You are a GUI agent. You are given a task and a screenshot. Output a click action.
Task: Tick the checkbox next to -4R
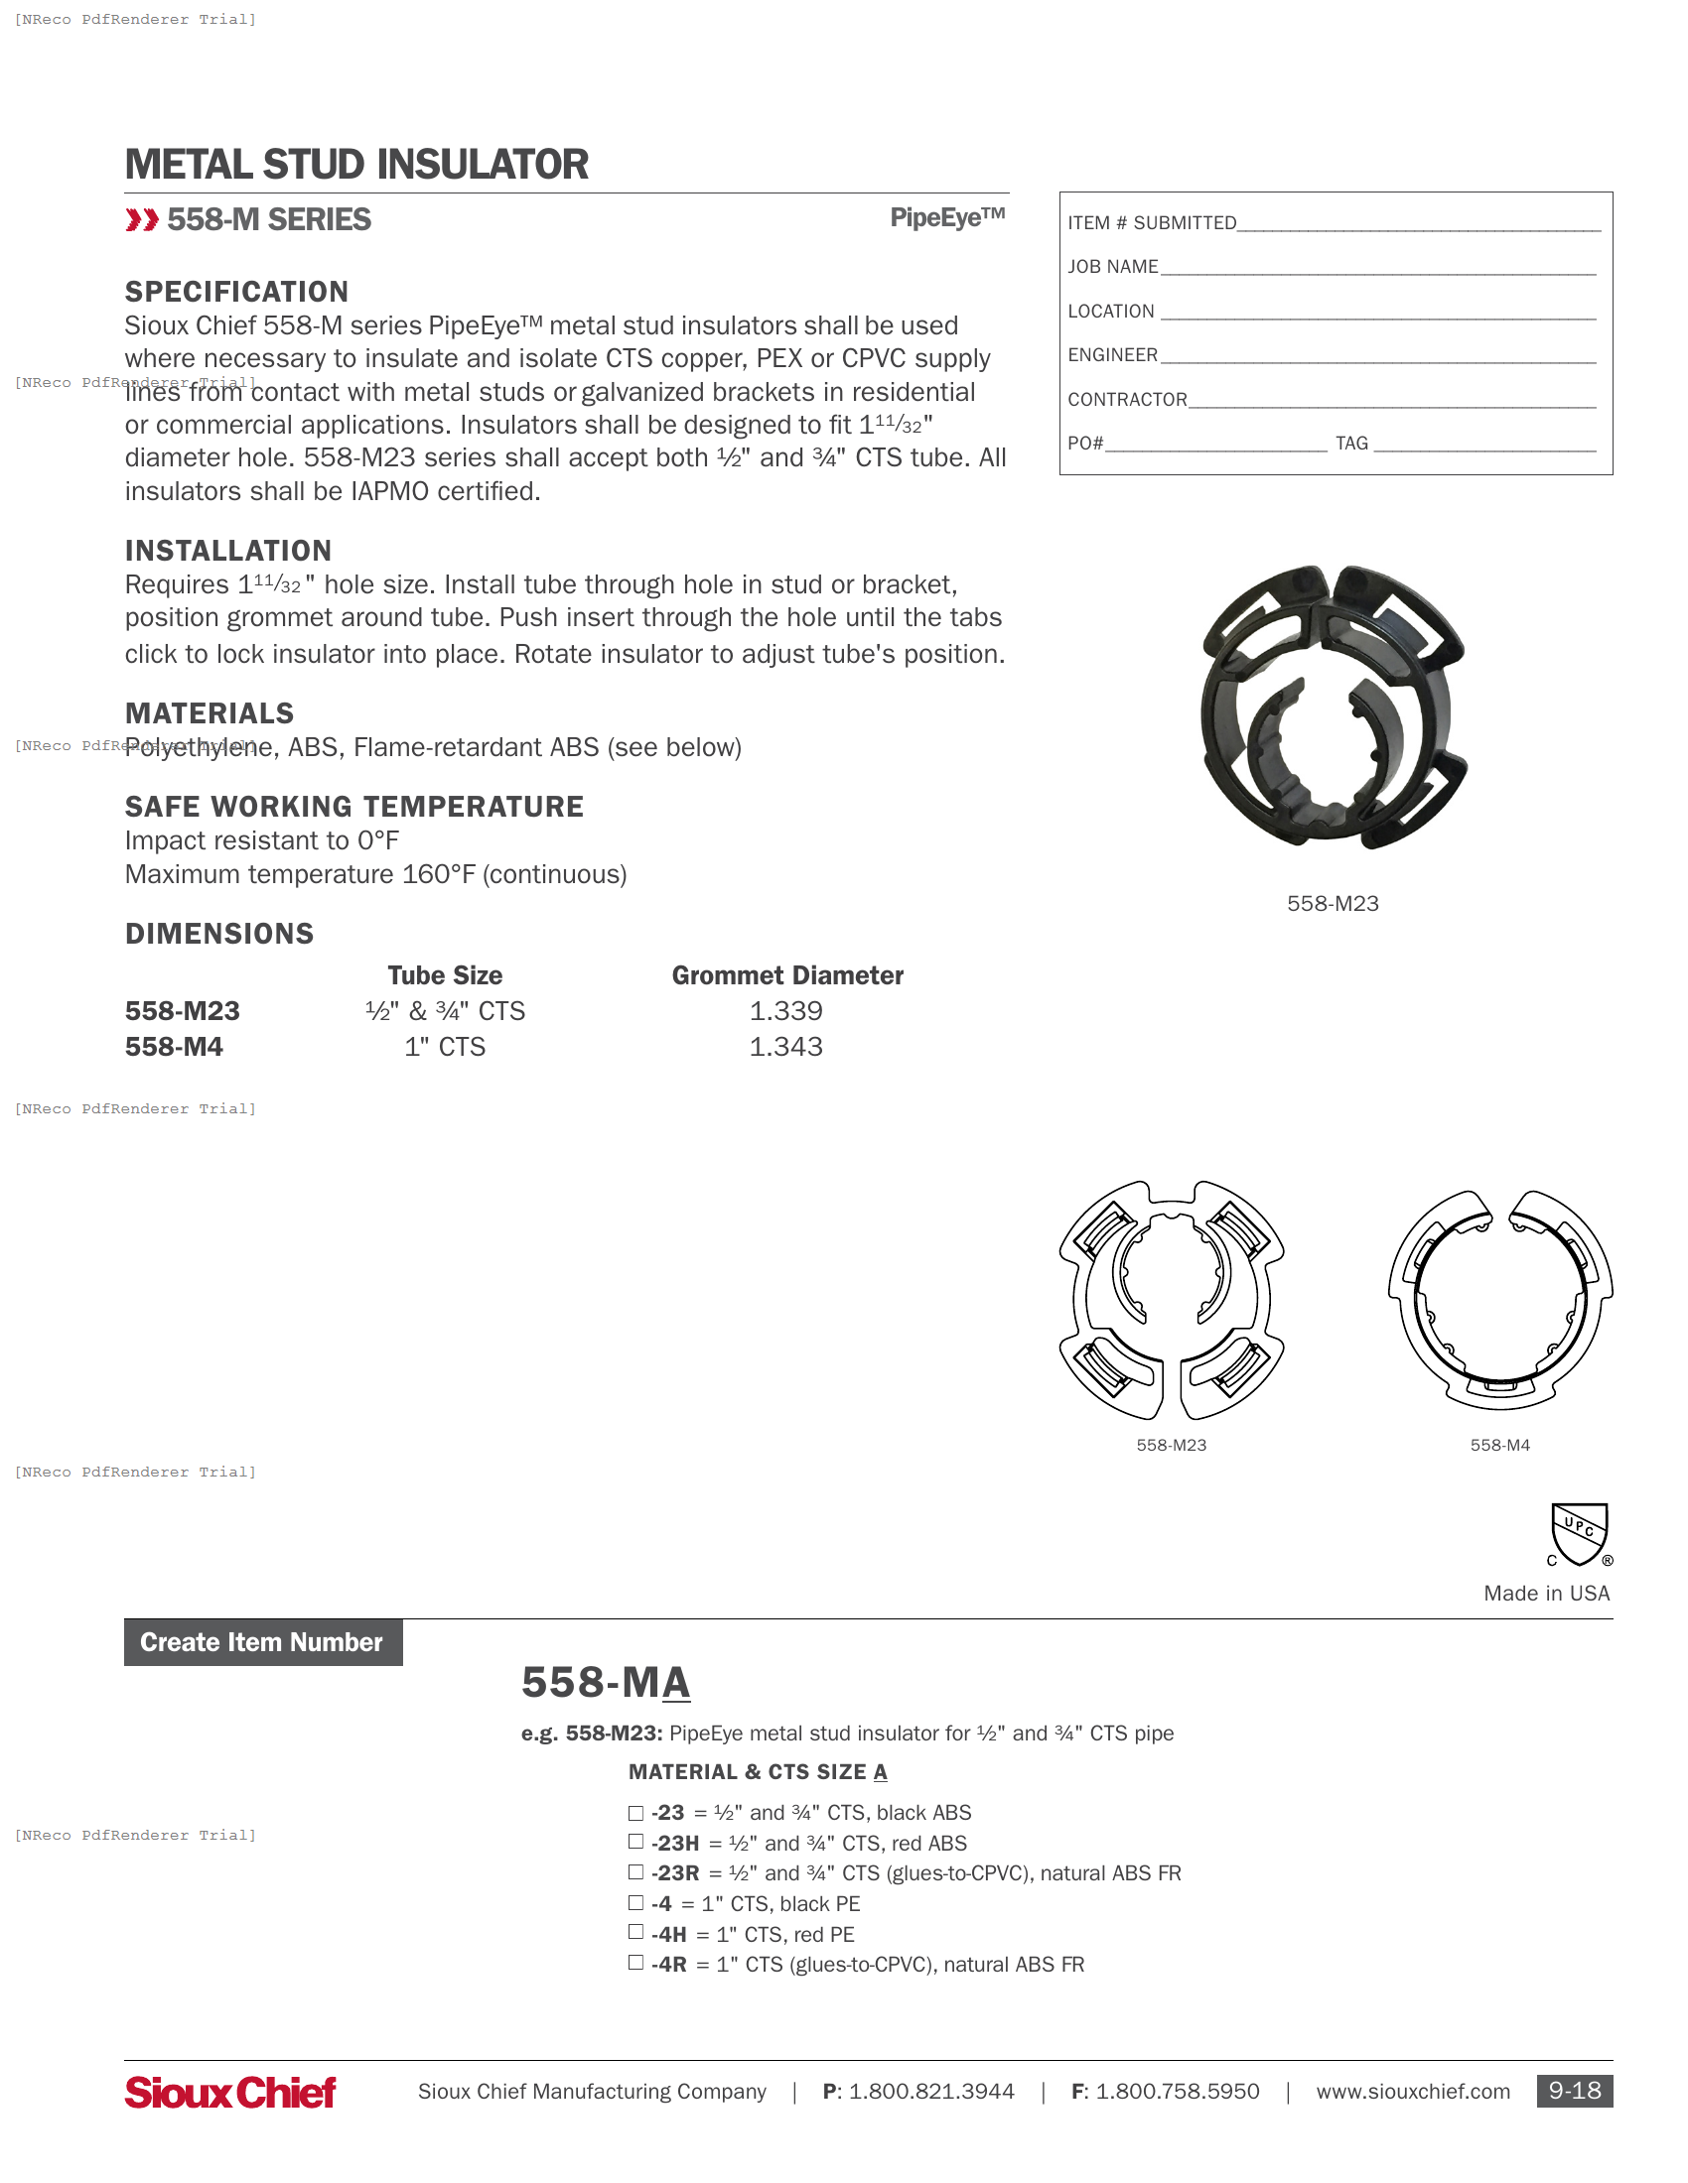pyautogui.click(x=635, y=1962)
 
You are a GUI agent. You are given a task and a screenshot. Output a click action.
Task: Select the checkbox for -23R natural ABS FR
pyautogui.click(x=635, y=1871)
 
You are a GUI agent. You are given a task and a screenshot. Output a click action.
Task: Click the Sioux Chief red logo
pyautogui.click(x=230, y=2092)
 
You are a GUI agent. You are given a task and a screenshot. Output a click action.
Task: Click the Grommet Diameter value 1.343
pyautogui.click(x=786, y=1047)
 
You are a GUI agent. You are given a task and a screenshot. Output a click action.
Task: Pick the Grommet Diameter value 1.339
pyautogui.click(x=786, y=1010)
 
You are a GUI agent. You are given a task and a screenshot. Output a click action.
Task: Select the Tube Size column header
pyautogui.click(x=445, y=975)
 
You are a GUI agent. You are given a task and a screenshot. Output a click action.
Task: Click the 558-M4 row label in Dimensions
pyautogui.click(x=174, y=1047)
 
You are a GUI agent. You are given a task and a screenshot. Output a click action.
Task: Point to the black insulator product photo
pyautogui.click(x=1332, y=707)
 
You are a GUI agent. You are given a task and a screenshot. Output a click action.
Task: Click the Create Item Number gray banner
pyautogui.click(x=263, y=1642)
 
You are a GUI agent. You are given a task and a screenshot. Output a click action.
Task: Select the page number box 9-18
pyautogui.click(x=1574, y=2091)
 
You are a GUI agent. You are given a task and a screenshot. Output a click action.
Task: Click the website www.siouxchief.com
pyautogui.click(x=1412, y=2091)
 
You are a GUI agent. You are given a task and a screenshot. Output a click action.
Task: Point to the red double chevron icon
pyautogui.click(x=142, y=220)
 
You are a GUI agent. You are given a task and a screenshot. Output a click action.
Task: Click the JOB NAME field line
pyautogui.click(x=1378, y=268)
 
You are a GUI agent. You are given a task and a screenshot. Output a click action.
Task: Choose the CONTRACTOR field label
pyautogui.click(x=1127, y=400)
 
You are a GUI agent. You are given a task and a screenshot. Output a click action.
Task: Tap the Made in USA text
pyautogui.click(x=1546, y=1594)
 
